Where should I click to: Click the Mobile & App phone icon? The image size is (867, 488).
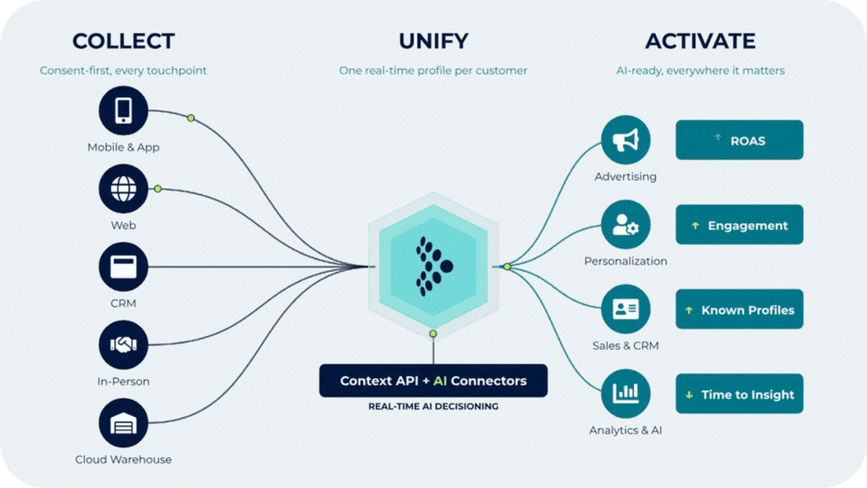(123, 110)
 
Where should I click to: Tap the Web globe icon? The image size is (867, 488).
(123, 189)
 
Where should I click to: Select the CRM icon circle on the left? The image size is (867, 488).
(123, 267)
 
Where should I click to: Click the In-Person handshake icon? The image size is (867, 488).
(123, 345)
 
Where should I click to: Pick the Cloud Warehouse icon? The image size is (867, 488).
(123, 423)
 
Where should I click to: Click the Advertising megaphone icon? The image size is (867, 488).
(625, 140)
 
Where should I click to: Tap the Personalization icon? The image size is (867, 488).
(625, 224)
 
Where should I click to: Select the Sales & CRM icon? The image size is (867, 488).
(625, 309)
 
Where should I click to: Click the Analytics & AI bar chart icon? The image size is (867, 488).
(625, 393)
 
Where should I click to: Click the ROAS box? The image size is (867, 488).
(739, 140)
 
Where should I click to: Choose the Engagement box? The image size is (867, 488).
(739, 224)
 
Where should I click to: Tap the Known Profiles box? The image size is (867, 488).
(739, 310)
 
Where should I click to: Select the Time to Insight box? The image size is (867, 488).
(739, 393)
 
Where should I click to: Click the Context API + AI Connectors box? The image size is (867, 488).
(433, 380)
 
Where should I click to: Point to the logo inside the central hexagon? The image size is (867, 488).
(434, 267)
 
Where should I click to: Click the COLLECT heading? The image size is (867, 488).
(123, 41)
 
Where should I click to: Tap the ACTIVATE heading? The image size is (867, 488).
(700, 41)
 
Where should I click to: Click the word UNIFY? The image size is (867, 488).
(433, 41)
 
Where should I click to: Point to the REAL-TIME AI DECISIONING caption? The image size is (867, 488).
(433, 406)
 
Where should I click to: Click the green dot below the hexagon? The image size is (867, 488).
(433, 334)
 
